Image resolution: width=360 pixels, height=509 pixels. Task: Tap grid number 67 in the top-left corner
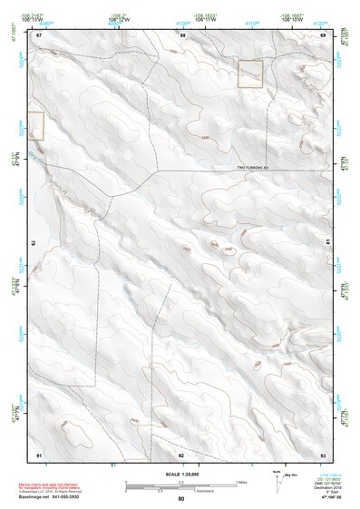[x=39, y=34]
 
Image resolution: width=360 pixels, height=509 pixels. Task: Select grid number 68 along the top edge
[x=182, y=34]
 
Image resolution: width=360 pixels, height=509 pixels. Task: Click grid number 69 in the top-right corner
[x=323, y=34]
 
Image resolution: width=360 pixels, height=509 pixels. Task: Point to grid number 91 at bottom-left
[x=39, y=454]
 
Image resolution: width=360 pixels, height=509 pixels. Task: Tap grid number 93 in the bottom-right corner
[x=323, y=454]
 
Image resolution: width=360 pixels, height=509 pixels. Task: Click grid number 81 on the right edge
[x=327, y=242]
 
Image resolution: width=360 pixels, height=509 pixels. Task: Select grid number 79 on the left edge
[x=34, y=242]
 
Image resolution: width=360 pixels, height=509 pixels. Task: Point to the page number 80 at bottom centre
[x=181, y=500]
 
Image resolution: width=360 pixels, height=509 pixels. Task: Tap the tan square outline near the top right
[x=250, y=74]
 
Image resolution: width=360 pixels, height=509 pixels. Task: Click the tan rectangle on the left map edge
[x=35, y=126]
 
